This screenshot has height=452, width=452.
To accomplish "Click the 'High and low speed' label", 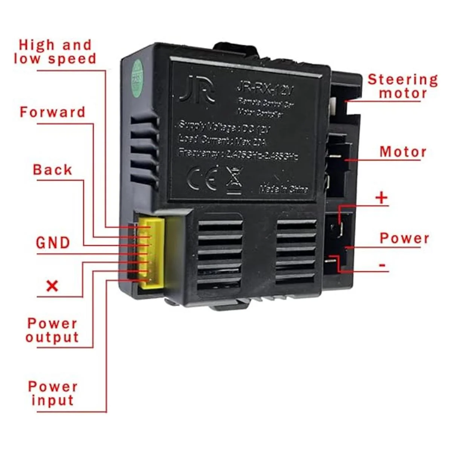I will (55, 52).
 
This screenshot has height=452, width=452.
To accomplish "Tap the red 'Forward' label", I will (52, 112).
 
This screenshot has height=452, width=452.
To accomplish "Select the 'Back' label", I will (52, 170).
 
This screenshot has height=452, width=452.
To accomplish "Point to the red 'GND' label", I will (53, 243).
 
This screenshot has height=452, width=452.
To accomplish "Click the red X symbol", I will (52, 286).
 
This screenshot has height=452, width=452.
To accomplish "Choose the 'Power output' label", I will (52, 330).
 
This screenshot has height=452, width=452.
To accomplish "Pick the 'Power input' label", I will (53, 393).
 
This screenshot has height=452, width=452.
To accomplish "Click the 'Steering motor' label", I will (403, 86).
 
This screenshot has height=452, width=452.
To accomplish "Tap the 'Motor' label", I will (403, 152).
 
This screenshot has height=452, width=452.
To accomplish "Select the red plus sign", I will (382, 198).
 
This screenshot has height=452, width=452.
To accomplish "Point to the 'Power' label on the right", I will (404, 238).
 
